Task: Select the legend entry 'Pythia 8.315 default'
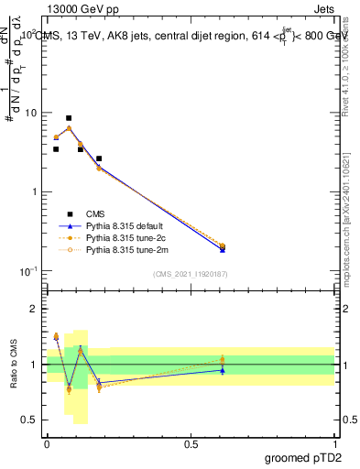tap(127, 224)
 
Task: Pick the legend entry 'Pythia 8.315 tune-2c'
tap(127, 236)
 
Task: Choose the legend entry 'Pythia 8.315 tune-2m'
tap(127, 248)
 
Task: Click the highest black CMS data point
tap(69, 118)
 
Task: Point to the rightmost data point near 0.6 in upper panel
tap(223, 246)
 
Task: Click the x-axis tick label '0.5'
tap(191, 442)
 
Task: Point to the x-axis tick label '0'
tap(47, 442)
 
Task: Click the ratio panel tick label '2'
tap(33, 309)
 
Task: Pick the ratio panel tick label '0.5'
tap(29, 420)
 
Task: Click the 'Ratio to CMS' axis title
tap(14, 364)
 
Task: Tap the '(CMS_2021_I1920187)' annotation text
tap(191, 273)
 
